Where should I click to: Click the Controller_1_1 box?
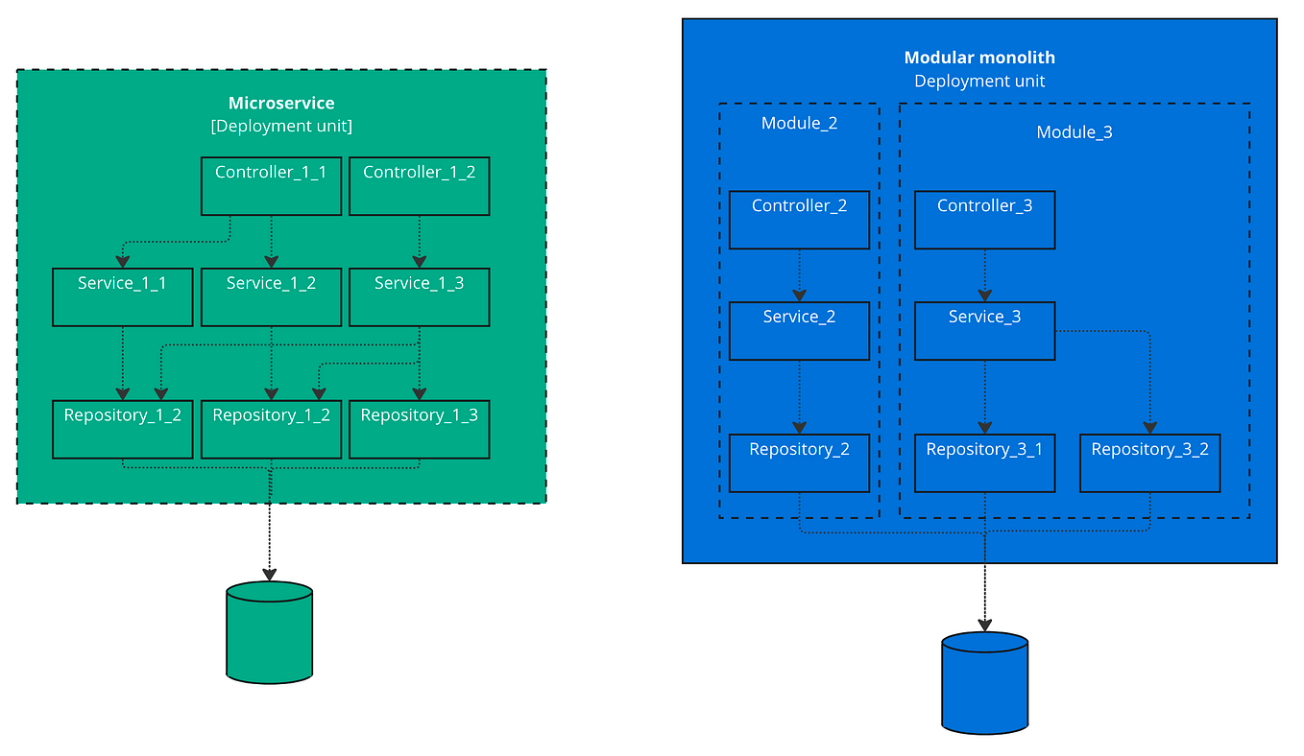click(x=271, y=186)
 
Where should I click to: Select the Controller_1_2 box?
click(x=419, y=186)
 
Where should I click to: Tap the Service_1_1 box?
click(x=122, y=296)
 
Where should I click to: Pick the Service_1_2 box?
click(x=271, y=296)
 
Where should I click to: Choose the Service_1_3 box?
click(x=419, y=296)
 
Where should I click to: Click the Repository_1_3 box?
click(x=419, y=429)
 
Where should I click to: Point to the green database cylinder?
click(x=270, y=632)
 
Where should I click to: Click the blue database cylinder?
click(x=984, y=682)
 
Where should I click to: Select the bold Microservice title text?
click(x=281, y=104)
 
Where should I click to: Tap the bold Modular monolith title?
click(x=979, y=58)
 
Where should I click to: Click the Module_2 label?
click(x=799, y=123)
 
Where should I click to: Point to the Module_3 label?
click(x=1074, y=132)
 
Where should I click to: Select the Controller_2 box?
click(x=799, y=220)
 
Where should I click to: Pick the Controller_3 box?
click(x=984, y=220)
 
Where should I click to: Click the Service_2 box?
click(x=799, y=331)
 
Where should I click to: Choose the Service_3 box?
click(x=984, y=331)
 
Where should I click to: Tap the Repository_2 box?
click(x=799, y=463)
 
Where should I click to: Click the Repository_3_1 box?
click(x=984, y=463)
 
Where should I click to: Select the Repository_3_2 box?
click(x=1149, y=463)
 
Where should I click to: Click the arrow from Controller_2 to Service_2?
click(x=799, y=275)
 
